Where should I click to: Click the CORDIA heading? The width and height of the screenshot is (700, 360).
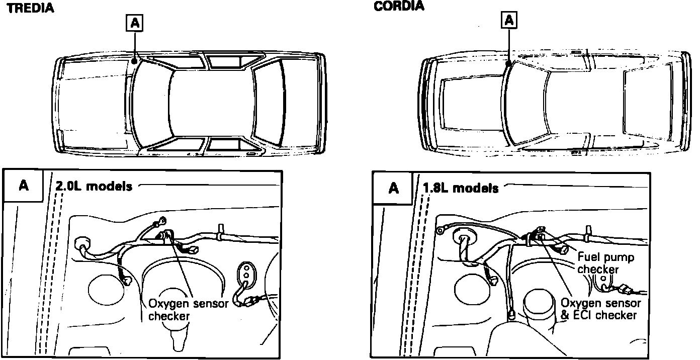click(x=399, y=6)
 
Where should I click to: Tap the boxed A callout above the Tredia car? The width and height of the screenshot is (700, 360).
click(x=135, y=23)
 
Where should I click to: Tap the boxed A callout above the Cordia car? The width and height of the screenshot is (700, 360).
click(x=509, y=20)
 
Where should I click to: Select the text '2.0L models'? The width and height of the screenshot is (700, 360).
click(x=94, y=186)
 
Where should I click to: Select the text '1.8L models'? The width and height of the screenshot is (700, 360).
click(x=461, y=188)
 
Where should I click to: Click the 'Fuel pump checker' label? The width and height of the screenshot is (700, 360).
click(x=606, y=263)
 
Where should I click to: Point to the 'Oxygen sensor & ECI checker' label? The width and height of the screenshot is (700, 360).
click(x=600, y=309)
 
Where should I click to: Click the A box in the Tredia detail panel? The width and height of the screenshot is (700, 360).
click(x=23, y=186)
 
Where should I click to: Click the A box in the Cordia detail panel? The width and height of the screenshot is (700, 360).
click(x=394, y=188)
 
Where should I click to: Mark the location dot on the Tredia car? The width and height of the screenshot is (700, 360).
click(x=135, y=60)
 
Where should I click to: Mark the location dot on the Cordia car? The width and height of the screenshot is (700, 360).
click(x=509, y=64)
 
